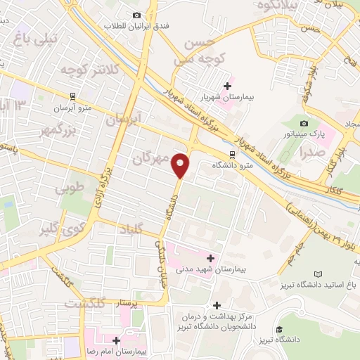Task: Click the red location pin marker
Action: pyautogui.click(x=181, y=165)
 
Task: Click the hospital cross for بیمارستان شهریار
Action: pyautogui.click(x=227, y=86)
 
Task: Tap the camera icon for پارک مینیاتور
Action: pyautogui.click(x=304, y=124)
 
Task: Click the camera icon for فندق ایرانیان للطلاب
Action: pyautogui.click(x=137, y=15)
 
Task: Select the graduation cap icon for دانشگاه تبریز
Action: pyautogui.click(x=280, y=328)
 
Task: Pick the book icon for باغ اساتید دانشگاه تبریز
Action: pyautogui.click(x=319, y=274)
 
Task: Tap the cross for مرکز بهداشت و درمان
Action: pyautogui.click(x=217, y=305)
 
